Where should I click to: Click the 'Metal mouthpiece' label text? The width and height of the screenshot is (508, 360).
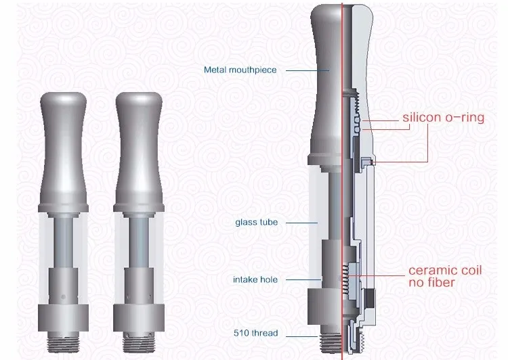(240, 70)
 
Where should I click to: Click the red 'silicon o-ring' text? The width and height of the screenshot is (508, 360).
(444, 118)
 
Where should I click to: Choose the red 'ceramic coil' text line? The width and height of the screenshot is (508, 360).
(444, 271)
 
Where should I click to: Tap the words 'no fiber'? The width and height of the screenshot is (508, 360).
(431, 282)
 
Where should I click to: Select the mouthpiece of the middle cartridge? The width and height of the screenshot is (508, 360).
(138, 142)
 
